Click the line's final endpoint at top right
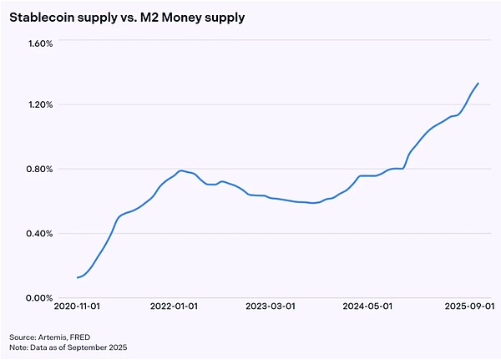(x=478, y=83)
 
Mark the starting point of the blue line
(x=78, y=277)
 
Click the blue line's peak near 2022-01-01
(x=180, y=170)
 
